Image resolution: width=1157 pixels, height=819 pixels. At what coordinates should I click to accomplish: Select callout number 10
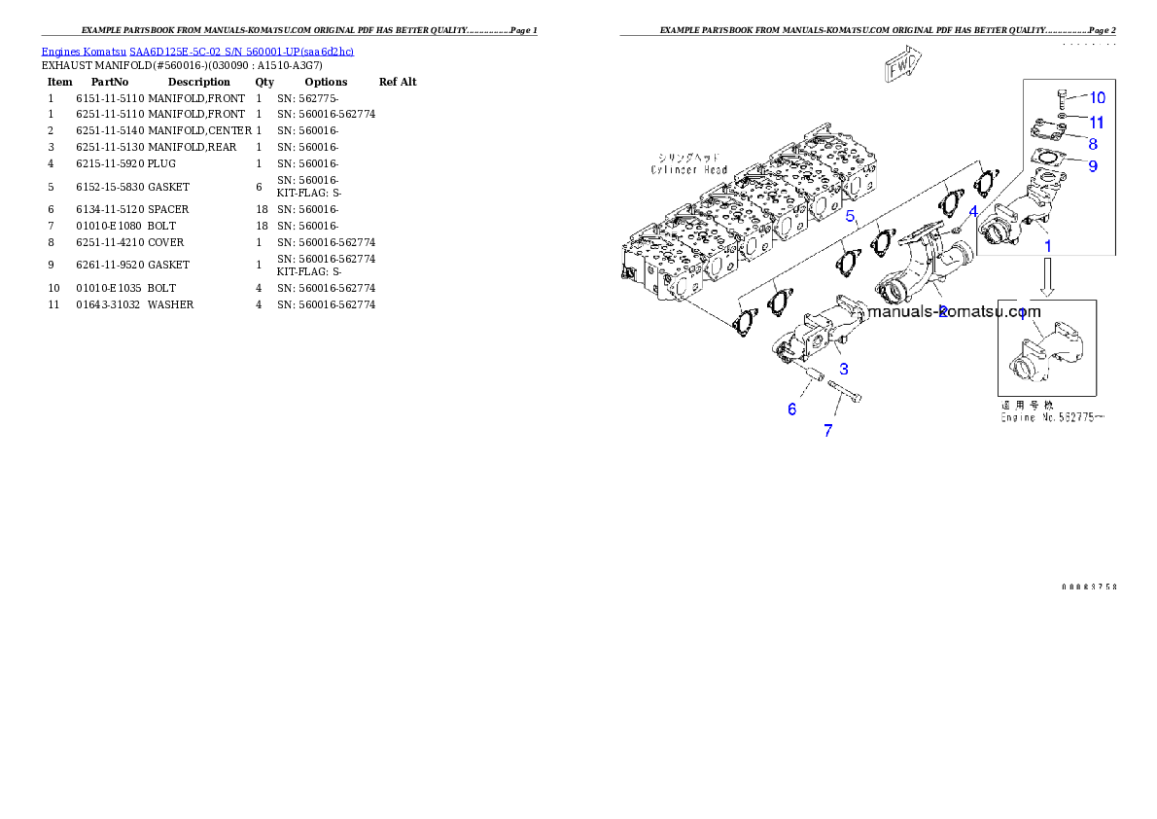coord(1097,97)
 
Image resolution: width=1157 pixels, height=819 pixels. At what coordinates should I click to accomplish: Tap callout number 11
coord(1097,123)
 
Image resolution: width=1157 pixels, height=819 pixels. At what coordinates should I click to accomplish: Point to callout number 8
coord(1093,143)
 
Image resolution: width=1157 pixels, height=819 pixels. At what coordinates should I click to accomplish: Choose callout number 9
coord(1093,166)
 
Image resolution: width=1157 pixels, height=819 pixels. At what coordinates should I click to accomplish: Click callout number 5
coord(849,216)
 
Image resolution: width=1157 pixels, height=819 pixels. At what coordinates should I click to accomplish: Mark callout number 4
coord(973,210)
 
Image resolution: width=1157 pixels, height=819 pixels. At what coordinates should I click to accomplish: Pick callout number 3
coord(844,369)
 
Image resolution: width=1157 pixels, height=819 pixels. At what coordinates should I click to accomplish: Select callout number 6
coord(791,409)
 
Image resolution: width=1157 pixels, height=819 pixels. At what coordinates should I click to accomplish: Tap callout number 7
coord(827,430)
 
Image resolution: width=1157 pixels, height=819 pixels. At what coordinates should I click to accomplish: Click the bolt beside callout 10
coord(1061,97)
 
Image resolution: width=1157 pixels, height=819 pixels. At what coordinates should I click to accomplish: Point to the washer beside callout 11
coord(1063,117)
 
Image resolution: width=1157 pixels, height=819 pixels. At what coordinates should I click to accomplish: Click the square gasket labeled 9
coord(1045,158)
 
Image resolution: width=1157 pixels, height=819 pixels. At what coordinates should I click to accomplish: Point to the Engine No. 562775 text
coord(1053,417)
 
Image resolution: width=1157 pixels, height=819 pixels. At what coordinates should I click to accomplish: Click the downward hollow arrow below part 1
coord(1047,280)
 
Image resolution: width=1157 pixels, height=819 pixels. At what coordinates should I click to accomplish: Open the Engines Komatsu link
coord(197,51)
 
